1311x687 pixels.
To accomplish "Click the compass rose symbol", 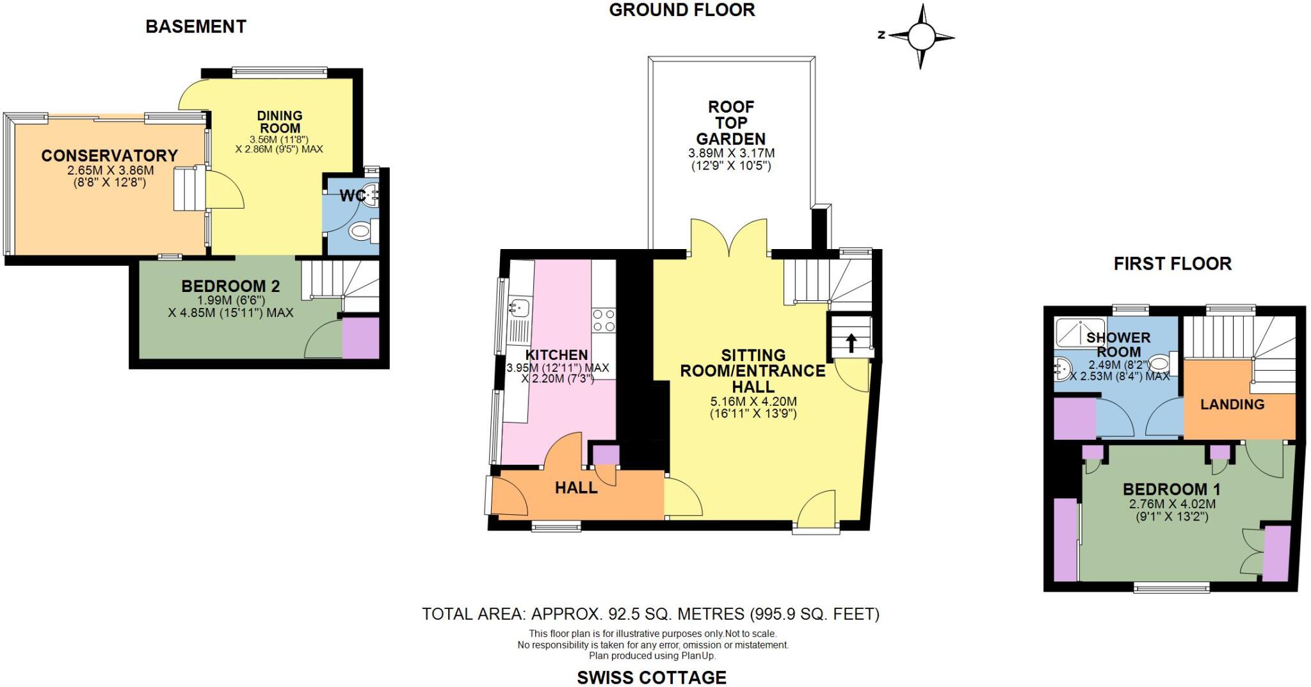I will pyautogui.click(x=921, y=36).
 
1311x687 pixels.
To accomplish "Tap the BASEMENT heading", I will pyautogui.click(x=196, y=26).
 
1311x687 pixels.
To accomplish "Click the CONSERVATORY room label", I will pyautogui.click(x=109, y=156).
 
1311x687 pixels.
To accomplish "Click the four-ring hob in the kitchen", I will pyautogui.click(x=603, y=320).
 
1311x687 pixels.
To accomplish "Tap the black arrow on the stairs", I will pyautogui.click(x=851, y=343).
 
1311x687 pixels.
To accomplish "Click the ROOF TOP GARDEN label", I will pyautogui.click(x=731, y=123).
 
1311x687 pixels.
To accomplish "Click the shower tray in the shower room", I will pyautogui.click(x=1080, y=332).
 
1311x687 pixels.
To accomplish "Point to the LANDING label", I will pyautogui.click(x=1232, y=405).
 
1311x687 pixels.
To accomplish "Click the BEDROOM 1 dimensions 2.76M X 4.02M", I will pyautogui.click(x=1172, y=504).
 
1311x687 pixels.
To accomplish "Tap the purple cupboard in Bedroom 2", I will pyautogui.click(x=361, y=337).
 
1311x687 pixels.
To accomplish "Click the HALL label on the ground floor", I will pyautogui.click(x=576, y=488).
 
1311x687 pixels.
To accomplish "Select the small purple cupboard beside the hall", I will pyautogui.click(x=606, y=455).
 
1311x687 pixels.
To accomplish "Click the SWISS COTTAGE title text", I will pyautogui.click(x=652, y=677).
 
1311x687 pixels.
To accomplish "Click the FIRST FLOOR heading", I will pyautogui.click(x=1172, y=264).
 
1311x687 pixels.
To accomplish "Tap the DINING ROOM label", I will pyautogui.click(x=280, y=122).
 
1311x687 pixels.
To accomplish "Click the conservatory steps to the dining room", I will pyautogui.click(x=189, y=188).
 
